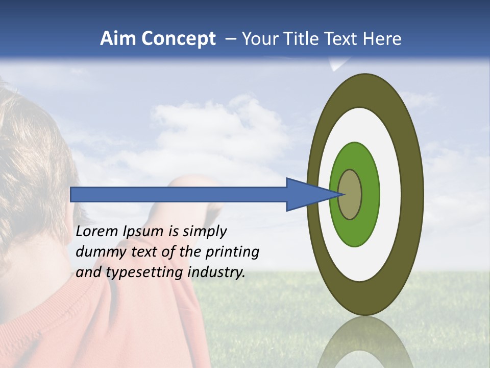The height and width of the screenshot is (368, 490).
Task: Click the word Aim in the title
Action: click(x=118, y=39)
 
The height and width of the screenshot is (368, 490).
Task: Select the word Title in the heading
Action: click(x=302, y=39)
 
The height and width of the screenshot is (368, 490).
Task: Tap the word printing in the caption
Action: click(x=232, y=252)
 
